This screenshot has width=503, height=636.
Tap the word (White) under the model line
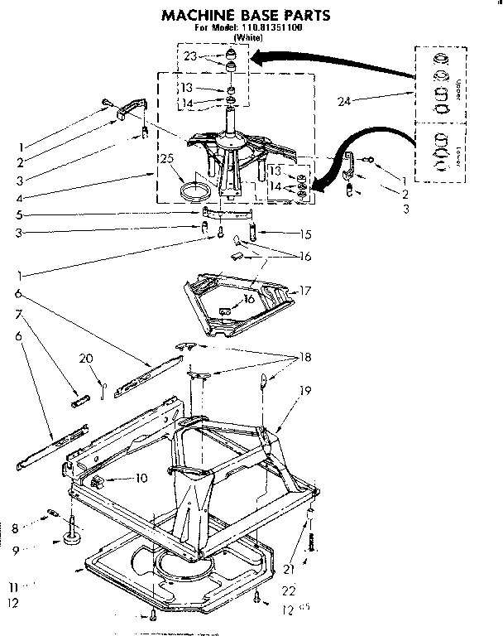[251, 37]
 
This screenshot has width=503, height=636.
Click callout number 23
[190, 57]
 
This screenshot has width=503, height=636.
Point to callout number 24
[346, 101]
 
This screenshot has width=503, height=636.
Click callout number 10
[141, 479]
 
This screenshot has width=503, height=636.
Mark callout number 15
[282, 234]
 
